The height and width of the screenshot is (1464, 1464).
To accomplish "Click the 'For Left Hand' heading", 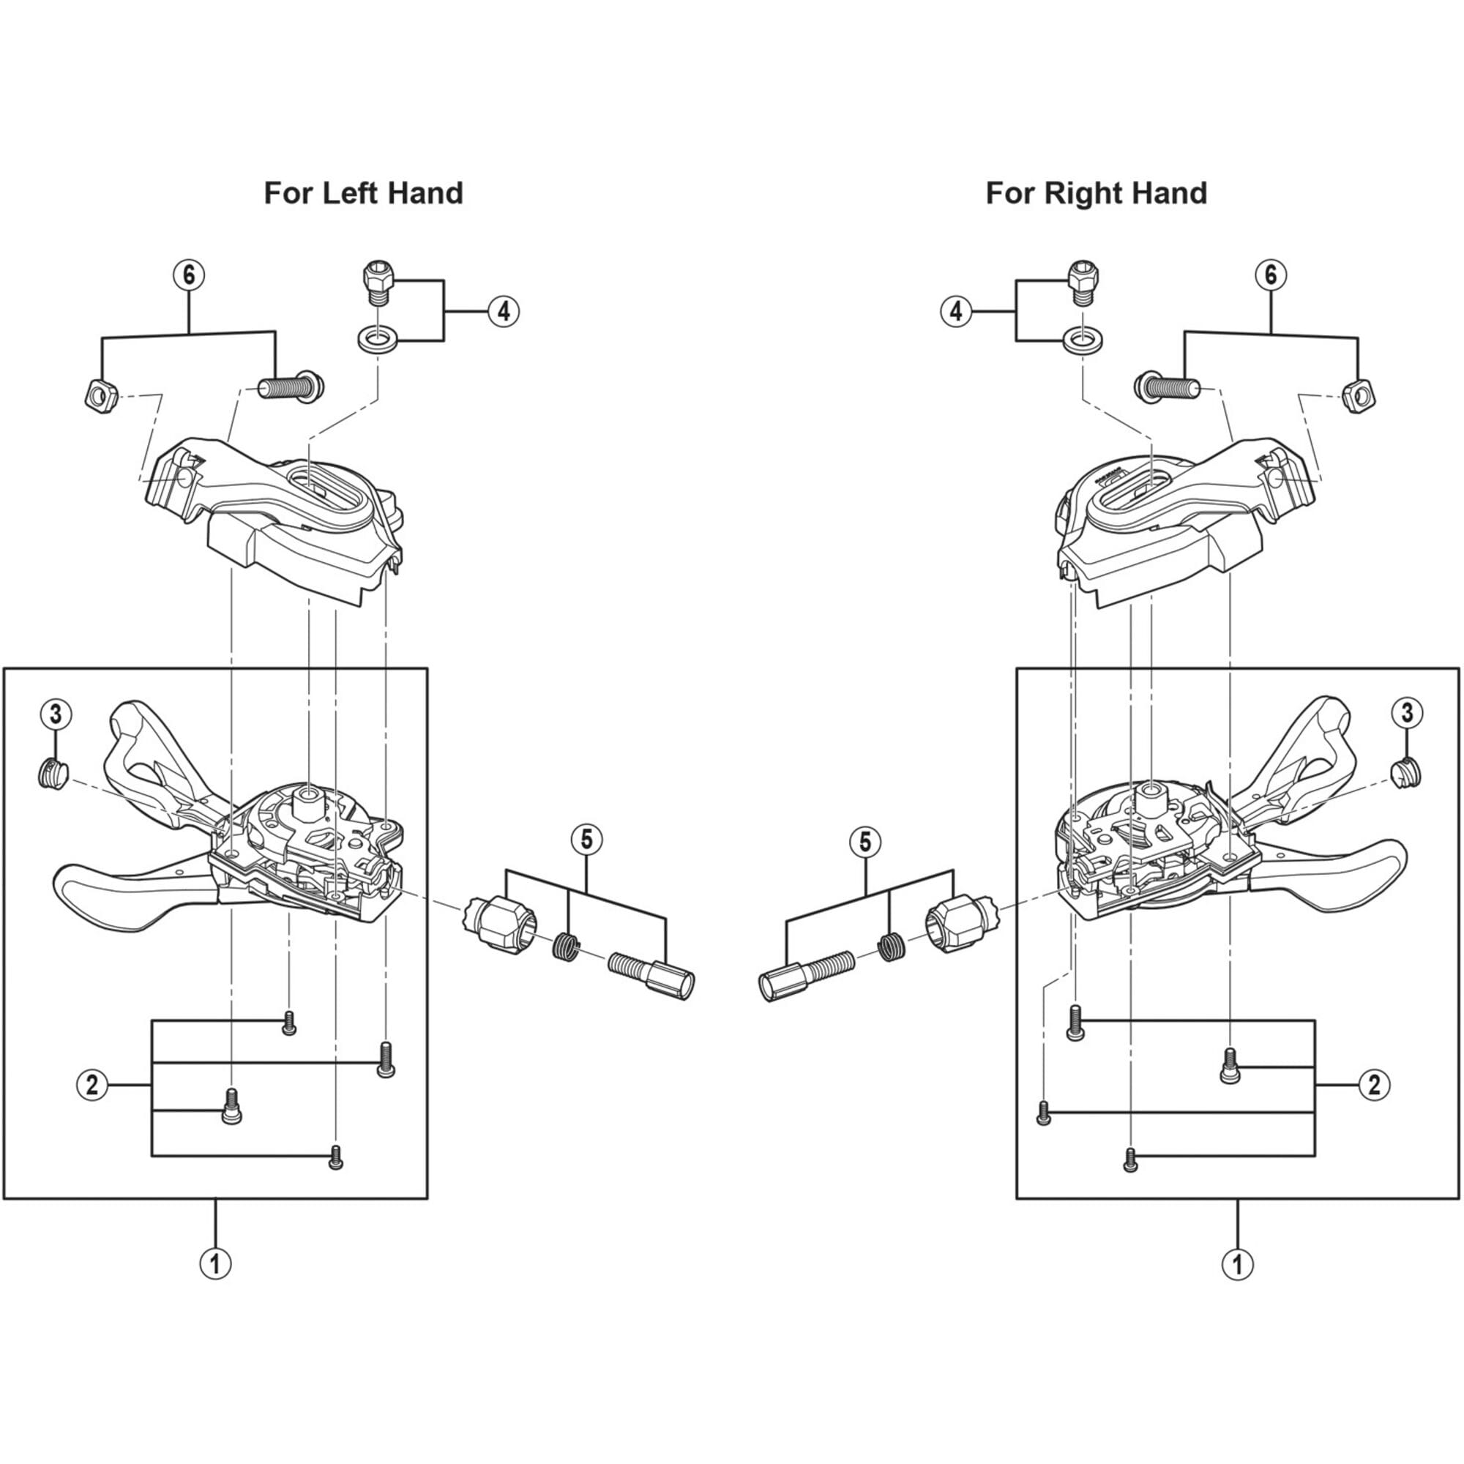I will pos(363,193).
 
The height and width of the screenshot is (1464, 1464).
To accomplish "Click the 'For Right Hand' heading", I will pos(1096,193).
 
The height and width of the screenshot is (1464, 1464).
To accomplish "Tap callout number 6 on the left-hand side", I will pos(189,274).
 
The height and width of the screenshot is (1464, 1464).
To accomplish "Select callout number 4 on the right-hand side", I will pos(956,310).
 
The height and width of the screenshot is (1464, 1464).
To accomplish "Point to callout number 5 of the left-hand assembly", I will pos(586,840).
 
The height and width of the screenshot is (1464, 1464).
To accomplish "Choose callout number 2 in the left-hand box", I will pos(92,1085).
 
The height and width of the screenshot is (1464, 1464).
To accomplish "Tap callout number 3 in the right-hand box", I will pos(1407,712).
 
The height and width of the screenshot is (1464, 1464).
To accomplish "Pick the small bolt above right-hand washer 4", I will pos(1081,279).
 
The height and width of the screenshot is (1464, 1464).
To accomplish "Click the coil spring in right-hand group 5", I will pos(892,946).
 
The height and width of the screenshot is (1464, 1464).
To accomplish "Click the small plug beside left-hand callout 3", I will pos(52,774).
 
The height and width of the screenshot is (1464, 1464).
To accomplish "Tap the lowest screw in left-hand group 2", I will pos(337,1157).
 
